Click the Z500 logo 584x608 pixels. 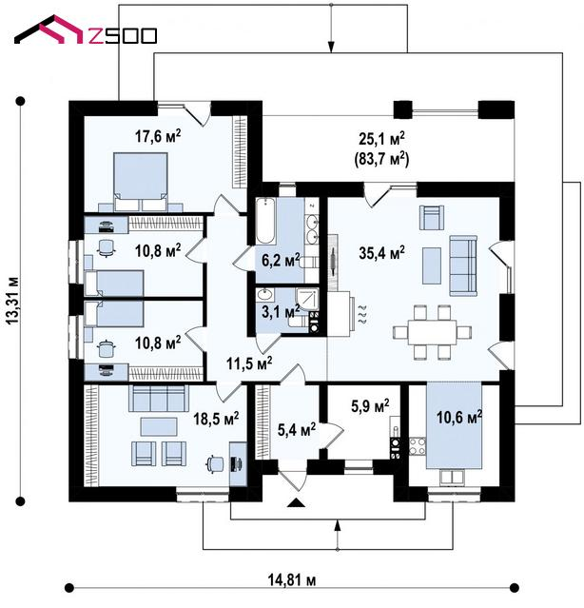[86, 30]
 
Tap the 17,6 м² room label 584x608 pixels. [158, 136]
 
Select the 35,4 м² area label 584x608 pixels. [381, 253]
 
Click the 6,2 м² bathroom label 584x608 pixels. [281, 260]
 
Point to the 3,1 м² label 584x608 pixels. [281, 311]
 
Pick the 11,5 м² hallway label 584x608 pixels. [249, 363]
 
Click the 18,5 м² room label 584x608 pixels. [216, 419]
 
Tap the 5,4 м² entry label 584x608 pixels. [297, 429]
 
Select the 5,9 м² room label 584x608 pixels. [370, 406]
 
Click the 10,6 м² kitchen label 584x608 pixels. [459, 417]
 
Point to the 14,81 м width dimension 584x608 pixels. [291, 580]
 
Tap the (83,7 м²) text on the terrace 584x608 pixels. [381, 159]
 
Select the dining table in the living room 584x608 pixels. [432, 332]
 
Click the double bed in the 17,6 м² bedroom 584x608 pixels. [141, 182]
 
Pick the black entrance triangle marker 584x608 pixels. [297, 503]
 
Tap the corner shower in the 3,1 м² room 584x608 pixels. [307, 300]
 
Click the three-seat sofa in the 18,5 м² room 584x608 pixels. [159, 399]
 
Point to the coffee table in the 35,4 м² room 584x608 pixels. [431, 266]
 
